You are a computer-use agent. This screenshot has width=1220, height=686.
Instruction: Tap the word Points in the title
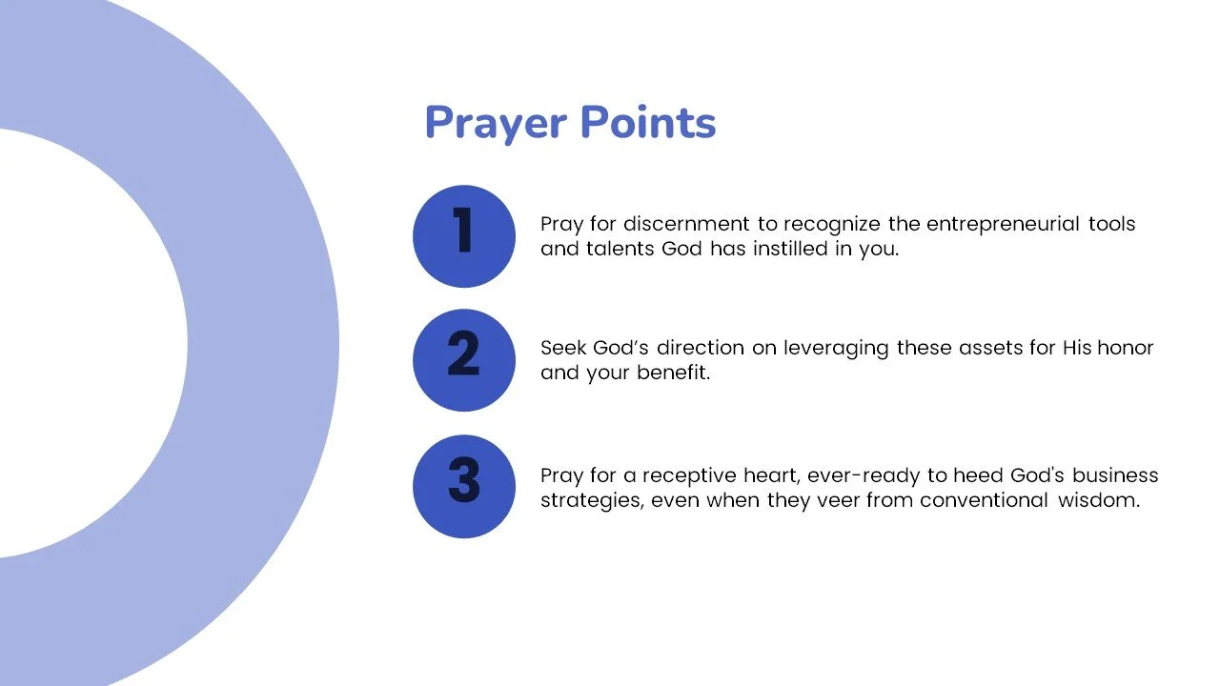click(x=647, y=124)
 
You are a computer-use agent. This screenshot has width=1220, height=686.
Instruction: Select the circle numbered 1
click(x=464, y=236)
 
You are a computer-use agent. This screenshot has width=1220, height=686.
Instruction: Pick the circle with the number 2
click(x=464, y=360)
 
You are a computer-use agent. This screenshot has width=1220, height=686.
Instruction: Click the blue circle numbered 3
click(x=464, y=486)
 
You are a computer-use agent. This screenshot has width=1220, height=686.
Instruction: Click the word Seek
click(x=561, y=348)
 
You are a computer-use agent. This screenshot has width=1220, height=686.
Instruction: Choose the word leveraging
click(x=836, y=349)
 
